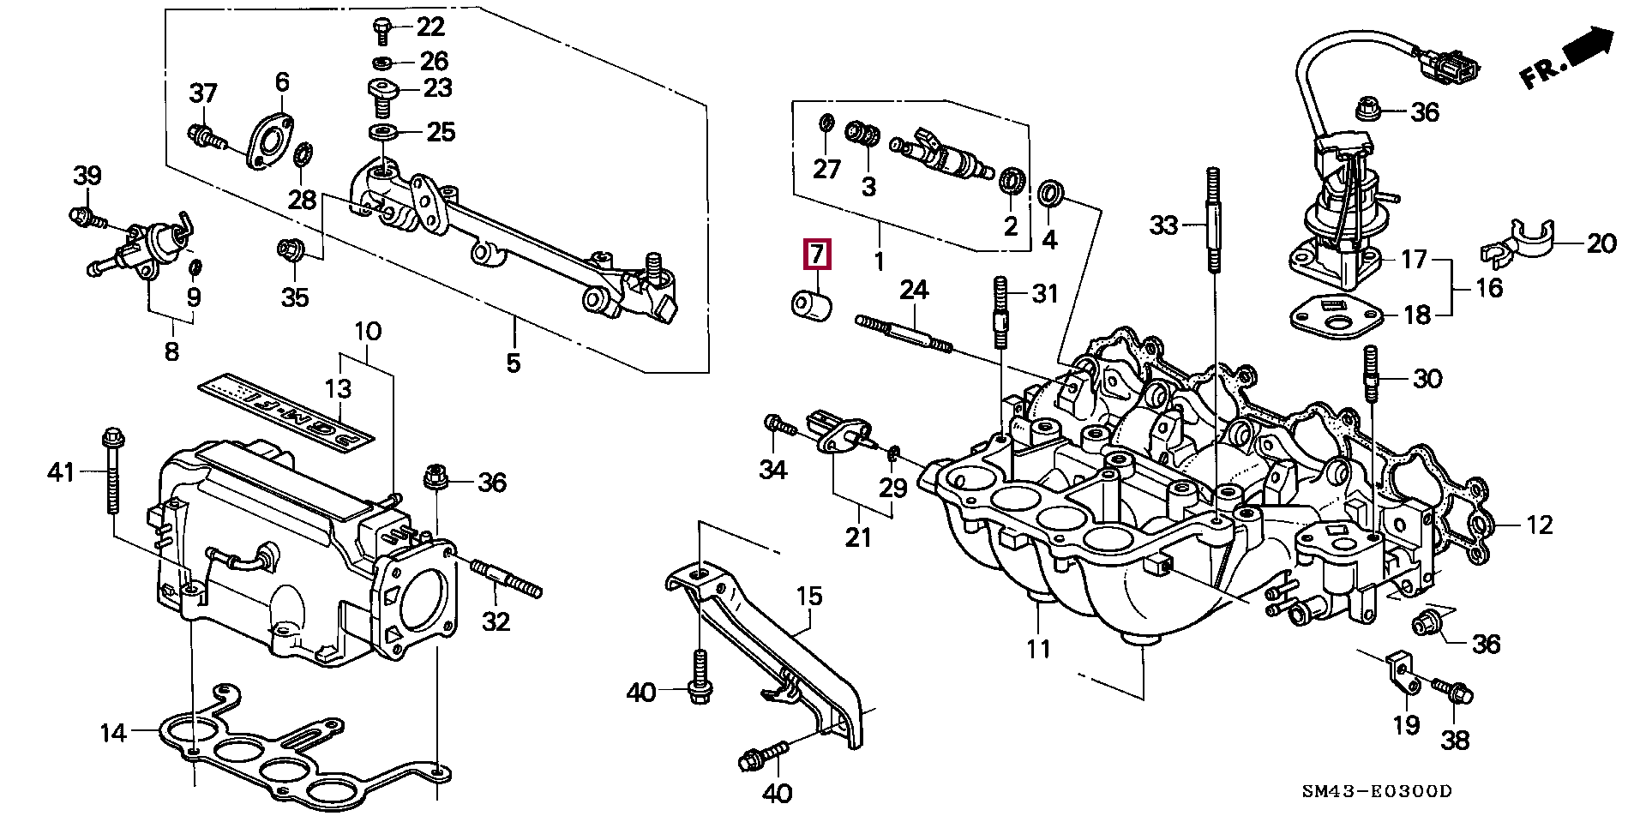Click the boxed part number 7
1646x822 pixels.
point(817,255)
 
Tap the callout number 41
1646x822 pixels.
point(61,471)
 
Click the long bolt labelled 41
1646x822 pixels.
point(111,471)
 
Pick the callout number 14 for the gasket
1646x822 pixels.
point(113,733)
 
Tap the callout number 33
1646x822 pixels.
point(1164,225)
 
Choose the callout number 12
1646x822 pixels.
point(1540,524)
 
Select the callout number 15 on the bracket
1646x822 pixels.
point(808,596)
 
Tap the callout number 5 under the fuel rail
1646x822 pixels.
point(513,363)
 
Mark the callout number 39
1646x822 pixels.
point(87,176)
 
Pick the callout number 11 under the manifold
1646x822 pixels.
point(1038,649)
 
